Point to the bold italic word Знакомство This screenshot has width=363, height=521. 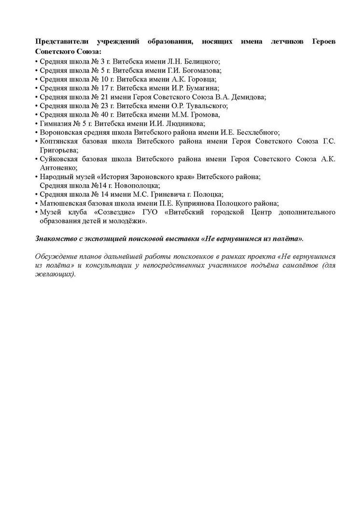(57, 238)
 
